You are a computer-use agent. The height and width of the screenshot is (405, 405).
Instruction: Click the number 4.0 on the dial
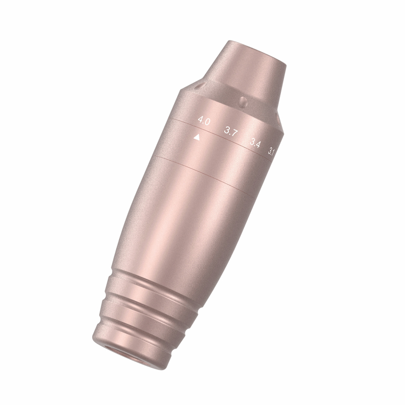click(204, 121)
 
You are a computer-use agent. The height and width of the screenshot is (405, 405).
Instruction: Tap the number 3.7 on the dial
click(231, 132)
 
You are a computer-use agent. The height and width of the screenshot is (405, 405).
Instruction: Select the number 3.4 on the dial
click(255, 143)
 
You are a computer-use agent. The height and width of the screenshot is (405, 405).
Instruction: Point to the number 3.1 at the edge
click(271, 151)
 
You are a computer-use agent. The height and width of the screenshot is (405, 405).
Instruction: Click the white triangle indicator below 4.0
click(197, 137)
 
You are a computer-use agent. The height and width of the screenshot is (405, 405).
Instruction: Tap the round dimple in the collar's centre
click(243, 102)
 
